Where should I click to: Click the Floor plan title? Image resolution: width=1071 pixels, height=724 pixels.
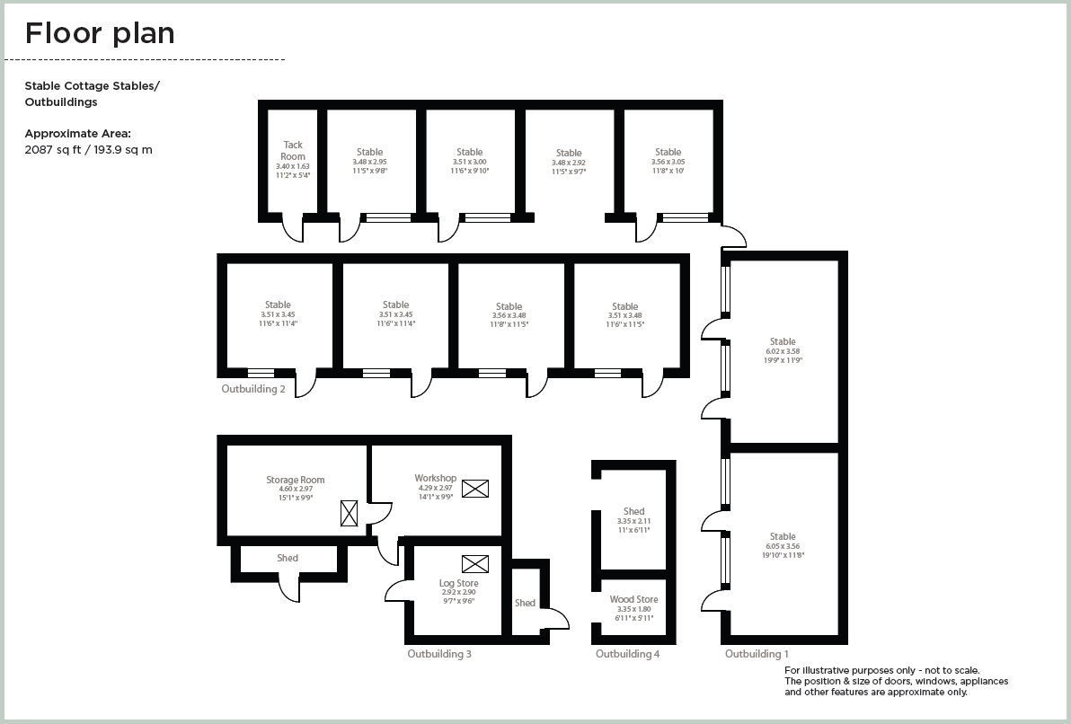point(99,33)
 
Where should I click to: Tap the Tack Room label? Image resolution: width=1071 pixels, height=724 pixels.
point(293,150)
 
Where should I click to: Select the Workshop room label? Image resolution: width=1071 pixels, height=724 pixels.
point(435,478)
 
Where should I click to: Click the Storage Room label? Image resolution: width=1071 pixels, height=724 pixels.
point(295,481)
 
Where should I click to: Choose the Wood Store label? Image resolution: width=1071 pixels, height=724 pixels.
point(633,599)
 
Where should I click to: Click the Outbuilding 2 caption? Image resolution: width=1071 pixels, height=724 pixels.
point(253,390)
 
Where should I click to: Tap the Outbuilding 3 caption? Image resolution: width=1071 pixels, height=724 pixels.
point(438,654)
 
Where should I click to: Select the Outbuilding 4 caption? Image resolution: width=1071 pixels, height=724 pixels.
point(627,654)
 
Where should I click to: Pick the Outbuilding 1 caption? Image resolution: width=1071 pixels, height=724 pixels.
point(757,654)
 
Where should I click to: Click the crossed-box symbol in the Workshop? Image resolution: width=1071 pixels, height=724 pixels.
point(475,489)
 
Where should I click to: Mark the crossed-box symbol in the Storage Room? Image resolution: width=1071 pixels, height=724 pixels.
point(349,513)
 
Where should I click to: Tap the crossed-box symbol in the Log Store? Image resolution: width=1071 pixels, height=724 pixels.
point(474,564)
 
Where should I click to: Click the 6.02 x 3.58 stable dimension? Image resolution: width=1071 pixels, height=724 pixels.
point(783,351)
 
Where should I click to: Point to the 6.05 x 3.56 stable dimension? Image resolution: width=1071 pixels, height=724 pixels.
point(783,546)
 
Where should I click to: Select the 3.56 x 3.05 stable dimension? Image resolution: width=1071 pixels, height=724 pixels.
point(668,162)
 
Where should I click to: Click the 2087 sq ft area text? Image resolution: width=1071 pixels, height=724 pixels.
point(88,150)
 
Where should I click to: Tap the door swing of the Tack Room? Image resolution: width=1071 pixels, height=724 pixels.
point(293,231)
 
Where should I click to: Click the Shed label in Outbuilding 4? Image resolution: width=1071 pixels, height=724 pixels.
point(633,511)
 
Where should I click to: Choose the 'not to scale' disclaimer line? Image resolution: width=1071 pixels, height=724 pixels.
point(881,670)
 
